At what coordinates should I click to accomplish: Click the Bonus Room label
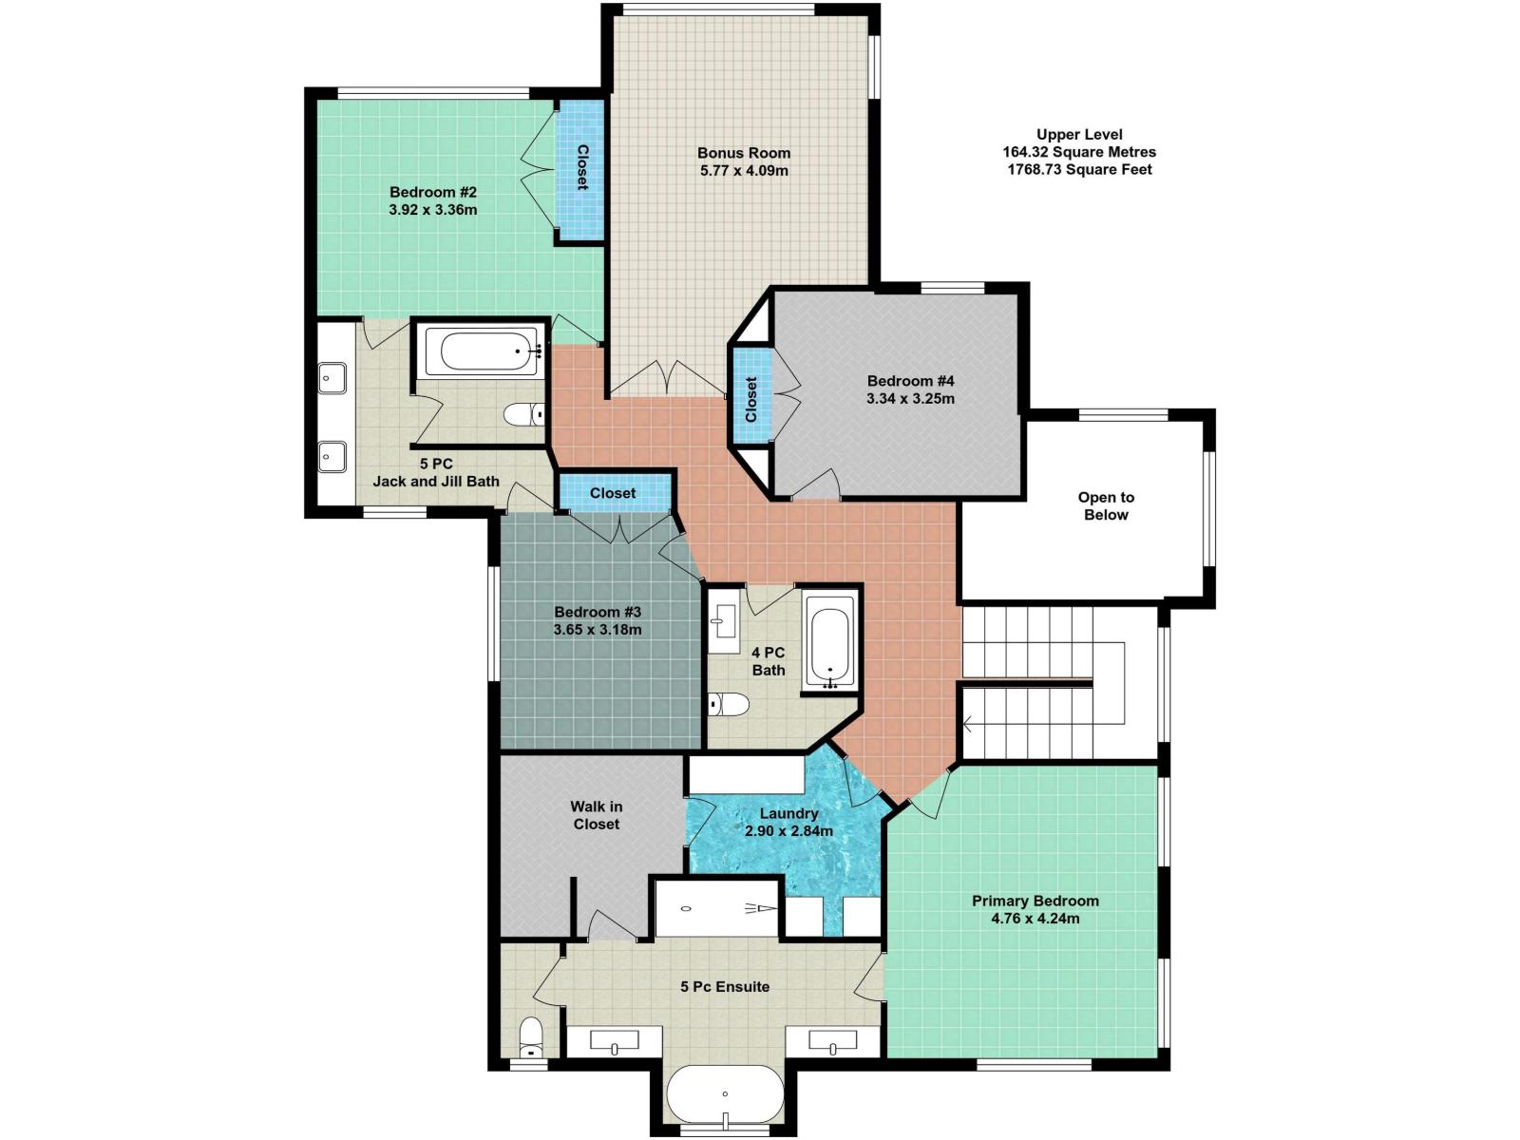tap(743, 153)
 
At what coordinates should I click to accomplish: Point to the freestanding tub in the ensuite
tap(725, 1095)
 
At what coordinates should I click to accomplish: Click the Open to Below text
tap(1106, 506)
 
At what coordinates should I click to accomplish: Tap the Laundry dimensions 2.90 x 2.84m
tap(788, 831)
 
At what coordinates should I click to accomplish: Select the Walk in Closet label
tap(596, 815)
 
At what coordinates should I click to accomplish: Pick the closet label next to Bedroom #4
tap(750, 399)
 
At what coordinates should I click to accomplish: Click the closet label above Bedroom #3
tap(613, 493)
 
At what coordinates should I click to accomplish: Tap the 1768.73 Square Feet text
tap(1079, 170)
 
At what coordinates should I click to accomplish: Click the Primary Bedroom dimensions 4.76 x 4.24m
tap(1035, 919)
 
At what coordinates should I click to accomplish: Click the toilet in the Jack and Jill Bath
tap(522, 414)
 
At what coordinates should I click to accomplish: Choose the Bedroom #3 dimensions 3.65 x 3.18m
tap(598, 630)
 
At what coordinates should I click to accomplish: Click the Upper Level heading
tap(1079, 135)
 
